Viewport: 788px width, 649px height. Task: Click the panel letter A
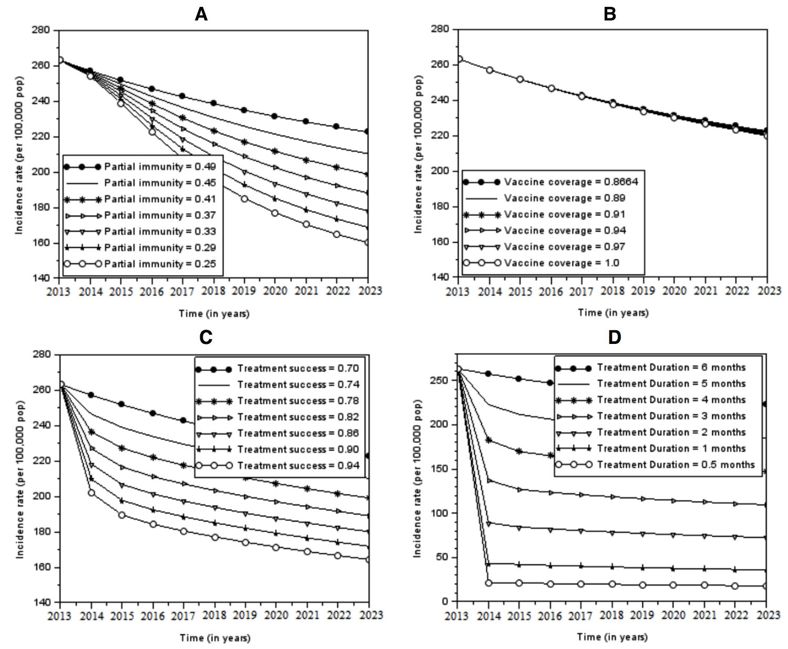click(x=201, y=15)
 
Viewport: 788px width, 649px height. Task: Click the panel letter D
click(x=614, y=337)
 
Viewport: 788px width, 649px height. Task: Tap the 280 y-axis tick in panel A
click(x=44, y=30)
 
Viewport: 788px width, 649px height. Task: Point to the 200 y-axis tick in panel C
click(x=44, y=497)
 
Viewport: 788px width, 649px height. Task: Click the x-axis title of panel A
click(x=214, y=313)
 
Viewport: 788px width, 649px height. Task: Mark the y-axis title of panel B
click(x=418, y=154)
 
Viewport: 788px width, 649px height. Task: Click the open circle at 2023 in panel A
click(x=367, y=243)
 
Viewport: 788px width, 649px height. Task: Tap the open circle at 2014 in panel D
click(x=489, y=583)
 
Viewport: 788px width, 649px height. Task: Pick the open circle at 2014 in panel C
click(x=91, y=493)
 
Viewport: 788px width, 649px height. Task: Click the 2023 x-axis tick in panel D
click(x=766, y=615)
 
